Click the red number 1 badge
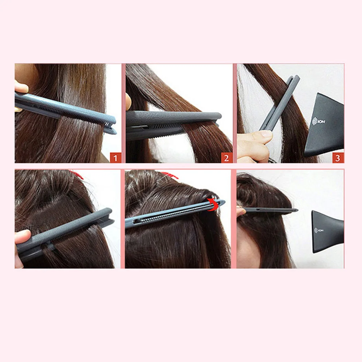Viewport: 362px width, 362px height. tap(116, 158)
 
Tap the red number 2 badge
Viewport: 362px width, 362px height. tap(227, 158)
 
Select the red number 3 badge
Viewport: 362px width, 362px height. tap(338, 158)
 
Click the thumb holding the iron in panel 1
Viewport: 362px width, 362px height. tap(21, 87)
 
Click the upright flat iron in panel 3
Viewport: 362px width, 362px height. tap(280, 103)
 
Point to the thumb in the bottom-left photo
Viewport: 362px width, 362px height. tap(22, 237)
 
